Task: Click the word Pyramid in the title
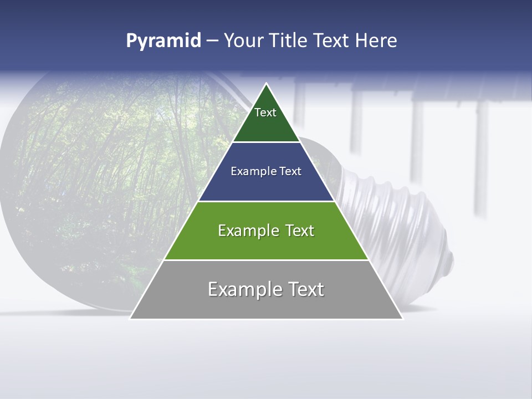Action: click(163, 41)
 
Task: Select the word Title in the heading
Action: click(289, 41)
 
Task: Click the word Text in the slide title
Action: click(332, 41)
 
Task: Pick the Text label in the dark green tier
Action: click(265, 112)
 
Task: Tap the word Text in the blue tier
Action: click(290, 171)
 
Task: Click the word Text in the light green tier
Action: click(300, 231)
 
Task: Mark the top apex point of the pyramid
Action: click(267, 84)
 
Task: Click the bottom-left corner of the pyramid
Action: click(130, 319)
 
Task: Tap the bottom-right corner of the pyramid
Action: click(403, 319)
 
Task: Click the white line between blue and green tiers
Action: click(267, 201)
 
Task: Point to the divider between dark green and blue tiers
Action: click(267, 142)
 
